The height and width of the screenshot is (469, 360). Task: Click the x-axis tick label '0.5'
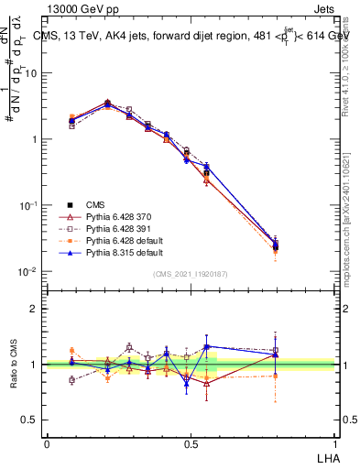pos(190,443)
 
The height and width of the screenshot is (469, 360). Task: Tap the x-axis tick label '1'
pos(334,443)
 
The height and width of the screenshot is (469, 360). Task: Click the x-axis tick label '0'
pos(47,443)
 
